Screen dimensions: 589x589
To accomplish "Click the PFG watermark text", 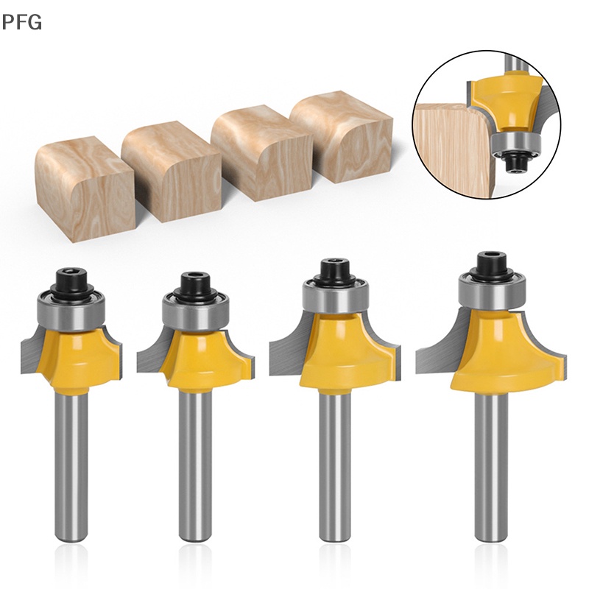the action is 21,22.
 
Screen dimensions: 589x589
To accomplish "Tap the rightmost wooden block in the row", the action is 342,136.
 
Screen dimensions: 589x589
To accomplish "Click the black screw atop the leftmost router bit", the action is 72,280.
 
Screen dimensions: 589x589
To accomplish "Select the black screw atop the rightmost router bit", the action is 492,266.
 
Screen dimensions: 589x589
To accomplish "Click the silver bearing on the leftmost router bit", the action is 72,310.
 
